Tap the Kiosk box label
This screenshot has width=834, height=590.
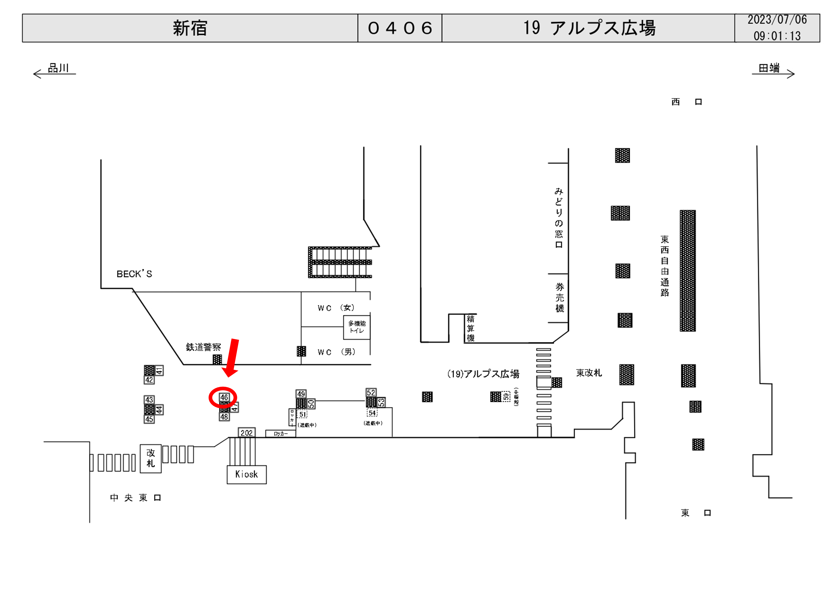tap(246, 474)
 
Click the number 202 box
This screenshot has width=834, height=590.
tap(246, 433)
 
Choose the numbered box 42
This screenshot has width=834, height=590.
tap(149, 380)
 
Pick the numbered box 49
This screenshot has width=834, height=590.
tap(301, 394)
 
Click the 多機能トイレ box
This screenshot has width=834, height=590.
tap(357, 327)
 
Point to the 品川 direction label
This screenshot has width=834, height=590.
tap(58, 68)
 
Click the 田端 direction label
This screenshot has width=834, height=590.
tap(769, 68)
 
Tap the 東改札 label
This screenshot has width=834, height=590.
tap(589, 373)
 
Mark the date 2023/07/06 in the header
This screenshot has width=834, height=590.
tap(777, 20)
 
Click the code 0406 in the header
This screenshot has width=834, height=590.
tap(400, 28)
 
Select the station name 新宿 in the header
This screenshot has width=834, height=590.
tap(190, 28)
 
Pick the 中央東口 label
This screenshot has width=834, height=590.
tap(135, 497)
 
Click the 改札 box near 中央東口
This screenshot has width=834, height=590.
tap(150, 458)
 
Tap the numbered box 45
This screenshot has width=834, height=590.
tap(149, 419)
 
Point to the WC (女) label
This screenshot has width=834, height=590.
tap(336, 308)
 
